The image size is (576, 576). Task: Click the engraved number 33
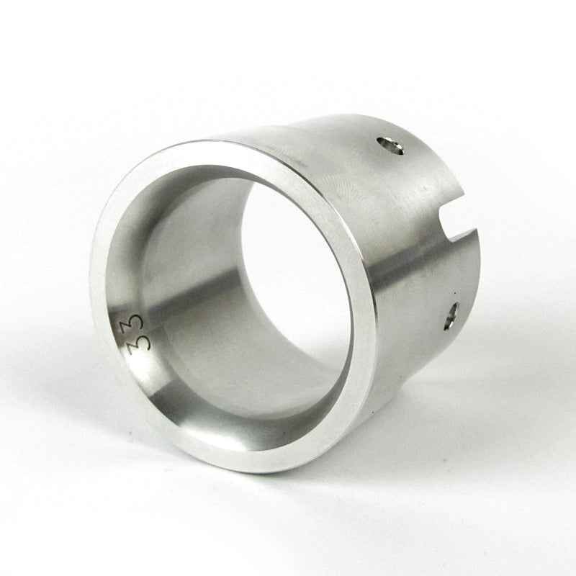[x=135, y=329]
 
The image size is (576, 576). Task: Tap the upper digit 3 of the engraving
[x=135, y=320]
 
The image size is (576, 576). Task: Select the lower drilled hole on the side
[x=451, y=315]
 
